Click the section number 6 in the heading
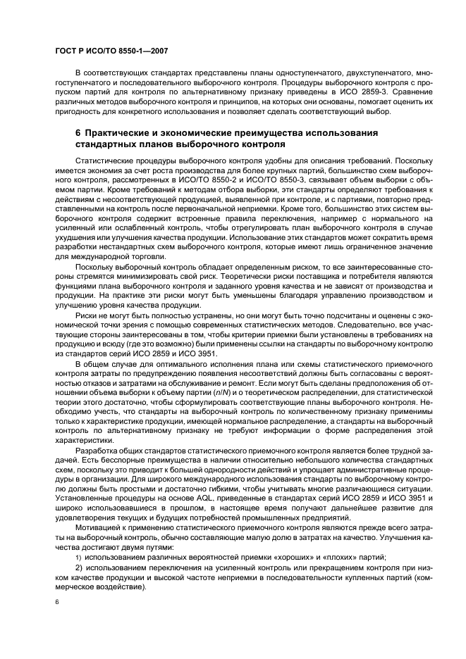tap(78, 133)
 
